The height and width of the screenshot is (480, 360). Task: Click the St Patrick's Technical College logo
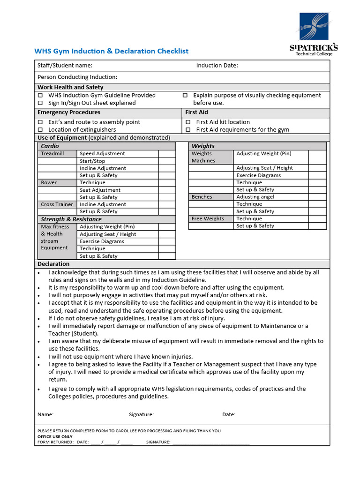coord(314,34)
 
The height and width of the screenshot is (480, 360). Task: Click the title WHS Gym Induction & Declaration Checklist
coord(112,51)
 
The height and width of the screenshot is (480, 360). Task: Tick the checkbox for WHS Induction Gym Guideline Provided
coord(40,96)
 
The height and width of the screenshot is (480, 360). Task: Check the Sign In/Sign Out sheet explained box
coord(40,103)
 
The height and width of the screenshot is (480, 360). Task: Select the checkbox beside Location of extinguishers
coord(40,130)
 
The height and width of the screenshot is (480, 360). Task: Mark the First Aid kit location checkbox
coord(188,122)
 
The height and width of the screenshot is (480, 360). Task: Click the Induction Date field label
coord(217,66)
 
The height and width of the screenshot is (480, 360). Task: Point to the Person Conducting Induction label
coord(77,77)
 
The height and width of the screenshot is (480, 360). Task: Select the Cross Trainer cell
coord(57,204)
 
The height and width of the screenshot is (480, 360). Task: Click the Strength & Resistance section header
coord(71,219)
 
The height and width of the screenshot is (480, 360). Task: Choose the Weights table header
coord(203,146)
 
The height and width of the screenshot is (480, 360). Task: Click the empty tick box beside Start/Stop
coord(166,161)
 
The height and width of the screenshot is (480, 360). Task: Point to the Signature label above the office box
coord(141,414)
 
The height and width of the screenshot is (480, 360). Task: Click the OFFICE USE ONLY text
coord(55,436)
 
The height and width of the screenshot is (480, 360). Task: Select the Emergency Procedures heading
coord(69,112)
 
